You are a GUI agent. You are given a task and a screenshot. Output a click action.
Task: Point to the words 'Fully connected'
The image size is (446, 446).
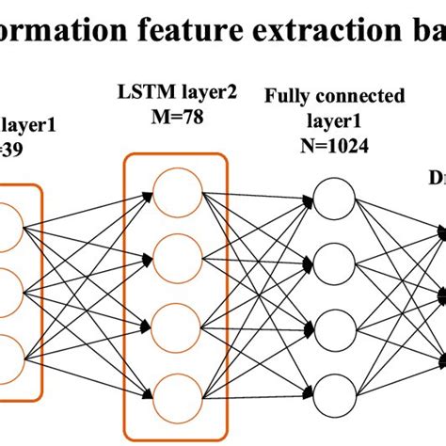point(335,97)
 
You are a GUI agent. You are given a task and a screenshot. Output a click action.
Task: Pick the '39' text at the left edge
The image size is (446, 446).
point(11,151)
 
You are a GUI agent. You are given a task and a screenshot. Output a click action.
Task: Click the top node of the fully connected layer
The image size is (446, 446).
point(333,199)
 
